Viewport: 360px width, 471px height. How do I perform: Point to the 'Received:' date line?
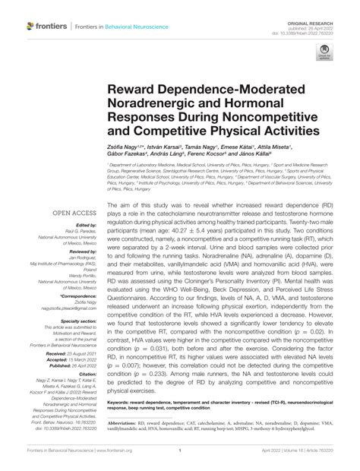[68, 353]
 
